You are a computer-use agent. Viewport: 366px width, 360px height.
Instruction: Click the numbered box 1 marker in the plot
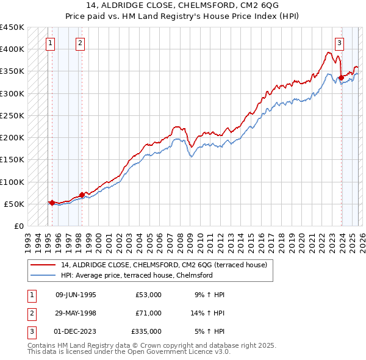49,43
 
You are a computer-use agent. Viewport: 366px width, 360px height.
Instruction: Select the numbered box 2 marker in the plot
81,43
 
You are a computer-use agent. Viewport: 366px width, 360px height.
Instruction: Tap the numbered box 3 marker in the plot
339,43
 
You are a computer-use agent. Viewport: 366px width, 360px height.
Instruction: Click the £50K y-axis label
14,204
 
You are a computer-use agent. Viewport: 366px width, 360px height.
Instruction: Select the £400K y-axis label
12,49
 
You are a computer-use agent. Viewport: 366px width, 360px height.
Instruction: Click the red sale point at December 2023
341,77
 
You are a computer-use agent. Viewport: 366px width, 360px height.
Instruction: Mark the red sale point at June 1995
52,202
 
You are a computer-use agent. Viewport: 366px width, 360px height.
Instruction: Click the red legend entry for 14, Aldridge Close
158,265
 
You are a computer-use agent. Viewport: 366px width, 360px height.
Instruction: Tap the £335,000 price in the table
146,331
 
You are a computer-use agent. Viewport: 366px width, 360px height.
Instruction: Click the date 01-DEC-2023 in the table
76,331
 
